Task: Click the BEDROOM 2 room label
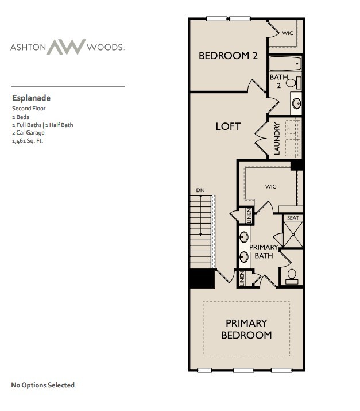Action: coord(227,56)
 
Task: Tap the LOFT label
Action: coord(228,126)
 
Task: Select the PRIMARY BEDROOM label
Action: coord(246,329)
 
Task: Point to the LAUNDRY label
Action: coord(277,139)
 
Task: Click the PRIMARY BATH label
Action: coord(264,251)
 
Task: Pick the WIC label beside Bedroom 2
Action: coord(288,33)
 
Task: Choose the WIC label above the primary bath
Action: coord(271,187)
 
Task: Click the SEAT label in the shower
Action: coord(293,218)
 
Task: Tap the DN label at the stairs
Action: coord(200,190)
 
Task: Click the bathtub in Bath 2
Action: coord(285,64)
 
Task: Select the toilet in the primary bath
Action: coord(292,276)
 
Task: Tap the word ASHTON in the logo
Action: coord(28,47)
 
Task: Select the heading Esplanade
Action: coord(31,98)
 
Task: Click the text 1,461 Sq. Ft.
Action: coord(28,140)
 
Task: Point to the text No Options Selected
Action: coord(43,385)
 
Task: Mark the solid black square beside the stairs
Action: coord(202,279)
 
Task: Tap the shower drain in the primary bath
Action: coord(293,236)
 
